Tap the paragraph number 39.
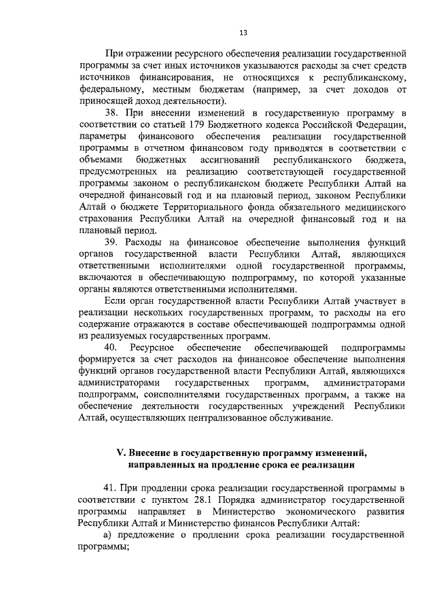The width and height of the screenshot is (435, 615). point(113,242)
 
